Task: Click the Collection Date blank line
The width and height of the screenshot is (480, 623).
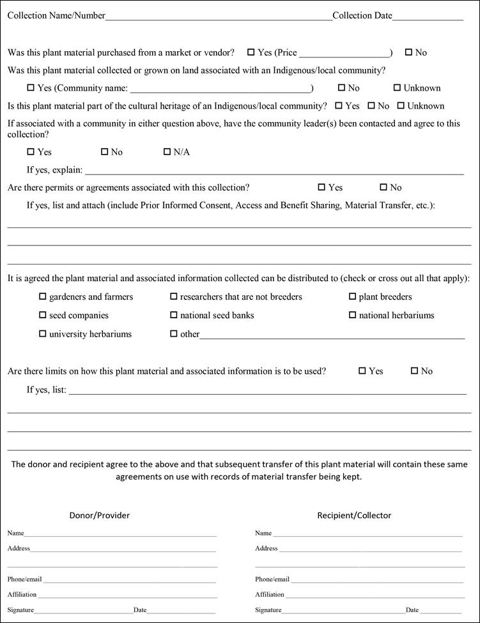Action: (x=428, y=17)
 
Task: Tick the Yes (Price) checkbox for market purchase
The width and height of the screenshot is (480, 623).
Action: (x=251, y=52)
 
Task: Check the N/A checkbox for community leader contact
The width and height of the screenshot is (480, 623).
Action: (x=167, y=152)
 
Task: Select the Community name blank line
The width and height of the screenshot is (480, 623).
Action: (x=221, y=89)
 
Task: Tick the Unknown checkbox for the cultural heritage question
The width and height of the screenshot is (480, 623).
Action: (x=401, y=106)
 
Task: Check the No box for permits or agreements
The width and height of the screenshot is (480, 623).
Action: (x=383, y=187)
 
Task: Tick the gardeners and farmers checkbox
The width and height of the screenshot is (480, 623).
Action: (x=43, y=296)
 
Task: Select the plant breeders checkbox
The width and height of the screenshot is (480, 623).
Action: (x=353, y=296)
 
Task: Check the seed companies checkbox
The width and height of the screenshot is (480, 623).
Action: (x=43, y=315)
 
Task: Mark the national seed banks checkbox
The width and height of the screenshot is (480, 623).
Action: (x=174, y=315)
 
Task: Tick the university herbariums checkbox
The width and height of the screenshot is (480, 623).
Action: (x=43, y=334)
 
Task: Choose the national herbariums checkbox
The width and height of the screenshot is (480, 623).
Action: (x=353, y=315)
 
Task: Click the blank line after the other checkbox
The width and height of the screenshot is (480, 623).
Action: (x=332, y=335)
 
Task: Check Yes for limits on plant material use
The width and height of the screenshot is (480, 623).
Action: (x=362, y=371)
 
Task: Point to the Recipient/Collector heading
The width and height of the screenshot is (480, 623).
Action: (x=354, y=515)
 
